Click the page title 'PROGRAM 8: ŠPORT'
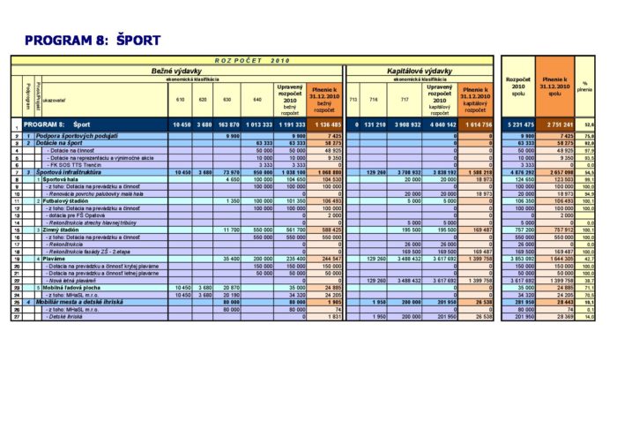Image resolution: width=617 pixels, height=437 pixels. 93,41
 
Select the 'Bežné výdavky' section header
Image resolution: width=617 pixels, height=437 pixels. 173,70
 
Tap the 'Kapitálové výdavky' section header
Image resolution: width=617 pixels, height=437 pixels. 420,70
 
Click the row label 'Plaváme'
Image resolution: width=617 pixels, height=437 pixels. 54,258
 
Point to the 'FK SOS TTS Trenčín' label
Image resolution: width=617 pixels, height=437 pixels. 73,164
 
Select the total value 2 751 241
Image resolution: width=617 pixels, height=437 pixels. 554,125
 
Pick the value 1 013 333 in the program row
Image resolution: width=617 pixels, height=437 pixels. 258,125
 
